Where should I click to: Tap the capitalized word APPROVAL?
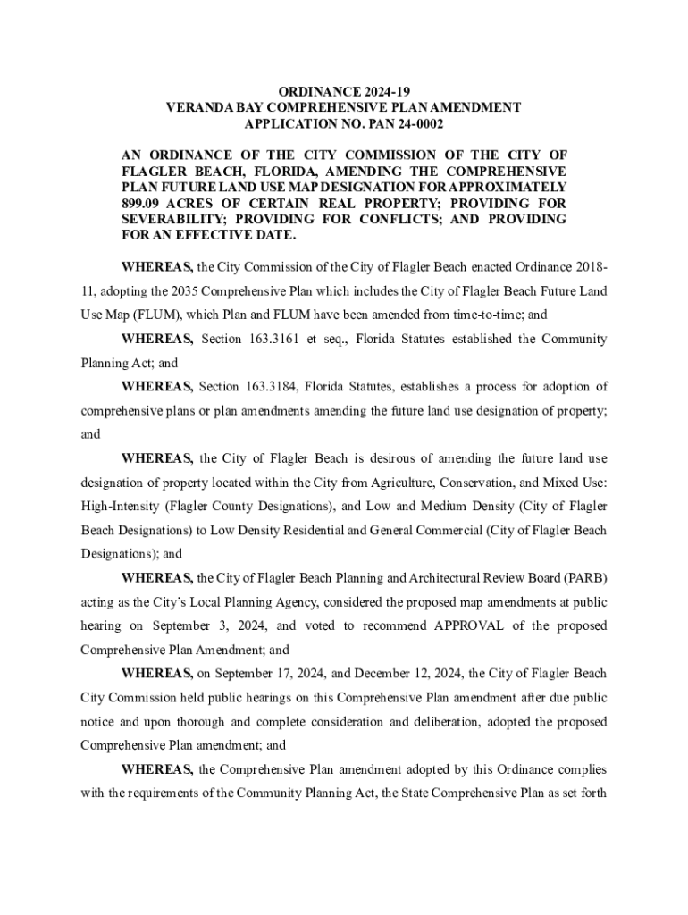(x=477, y=625)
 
